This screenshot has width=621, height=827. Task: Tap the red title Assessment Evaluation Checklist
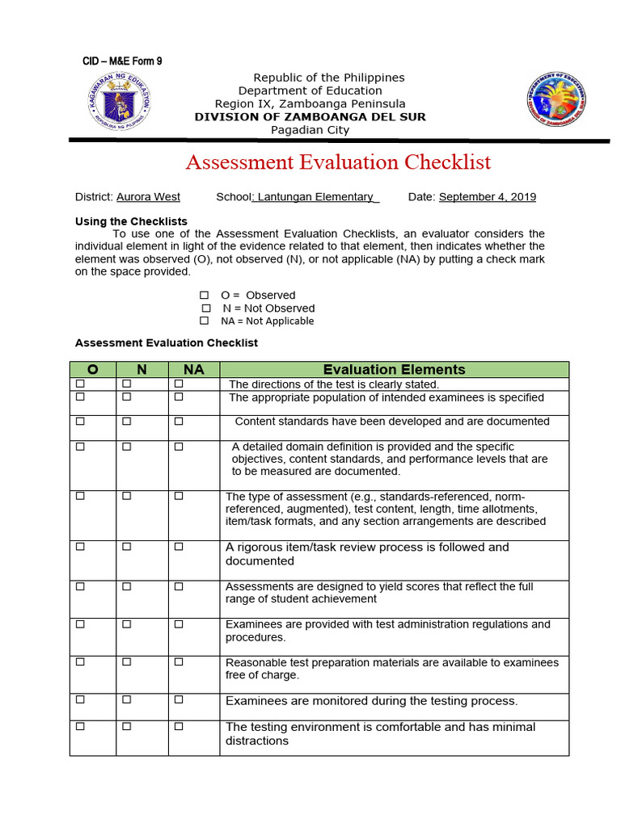click(338, 162)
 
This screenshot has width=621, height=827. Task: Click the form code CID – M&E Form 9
click(122, 61)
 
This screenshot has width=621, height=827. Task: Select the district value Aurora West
click(148, 197)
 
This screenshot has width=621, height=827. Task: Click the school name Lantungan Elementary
click(315, 197)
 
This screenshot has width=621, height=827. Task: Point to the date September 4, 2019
click(487, 197)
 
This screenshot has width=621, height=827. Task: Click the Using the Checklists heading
click(131, 221)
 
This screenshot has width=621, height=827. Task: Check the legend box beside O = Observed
click(205, 296)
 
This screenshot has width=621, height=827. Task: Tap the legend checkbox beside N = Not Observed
click(206, 309)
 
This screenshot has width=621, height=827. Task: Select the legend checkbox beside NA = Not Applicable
click(205, 321)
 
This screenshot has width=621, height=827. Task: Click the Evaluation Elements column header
click(394, 370)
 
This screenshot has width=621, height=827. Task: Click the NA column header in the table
click(193, 370)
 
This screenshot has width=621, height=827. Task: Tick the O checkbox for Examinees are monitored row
click(80, 699)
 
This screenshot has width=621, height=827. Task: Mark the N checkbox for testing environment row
click(126, 726)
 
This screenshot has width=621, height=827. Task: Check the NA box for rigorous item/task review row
click(179, 547)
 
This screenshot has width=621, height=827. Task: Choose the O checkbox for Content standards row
click(80, 421)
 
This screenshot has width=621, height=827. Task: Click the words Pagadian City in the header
click(310, 130)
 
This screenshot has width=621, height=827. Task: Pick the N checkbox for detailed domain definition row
click(126, 446)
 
